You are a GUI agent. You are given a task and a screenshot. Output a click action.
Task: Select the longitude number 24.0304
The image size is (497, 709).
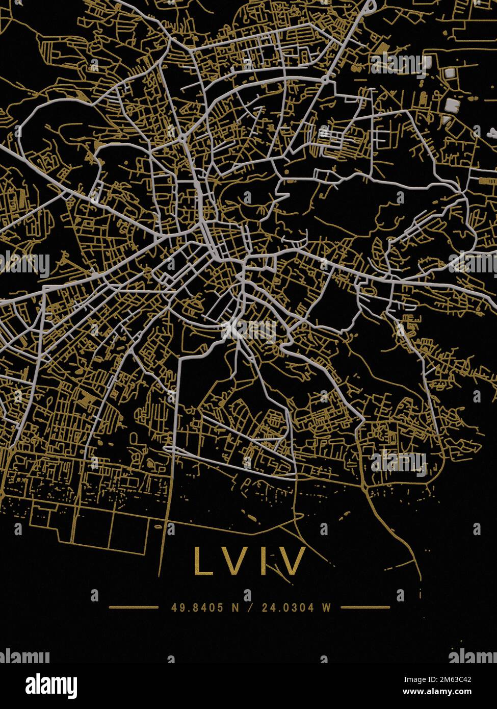(285, 607)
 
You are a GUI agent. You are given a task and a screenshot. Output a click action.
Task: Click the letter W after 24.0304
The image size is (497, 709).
(326, 607)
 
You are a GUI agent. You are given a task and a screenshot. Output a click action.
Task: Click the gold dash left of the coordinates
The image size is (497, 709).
(134, 607)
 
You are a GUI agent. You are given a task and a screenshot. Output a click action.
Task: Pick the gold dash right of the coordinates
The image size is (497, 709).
(365, 607)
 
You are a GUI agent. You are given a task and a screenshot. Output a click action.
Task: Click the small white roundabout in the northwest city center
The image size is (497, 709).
(182, 138)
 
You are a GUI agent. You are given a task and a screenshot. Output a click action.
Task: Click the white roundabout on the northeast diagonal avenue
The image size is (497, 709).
(325, 80)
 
